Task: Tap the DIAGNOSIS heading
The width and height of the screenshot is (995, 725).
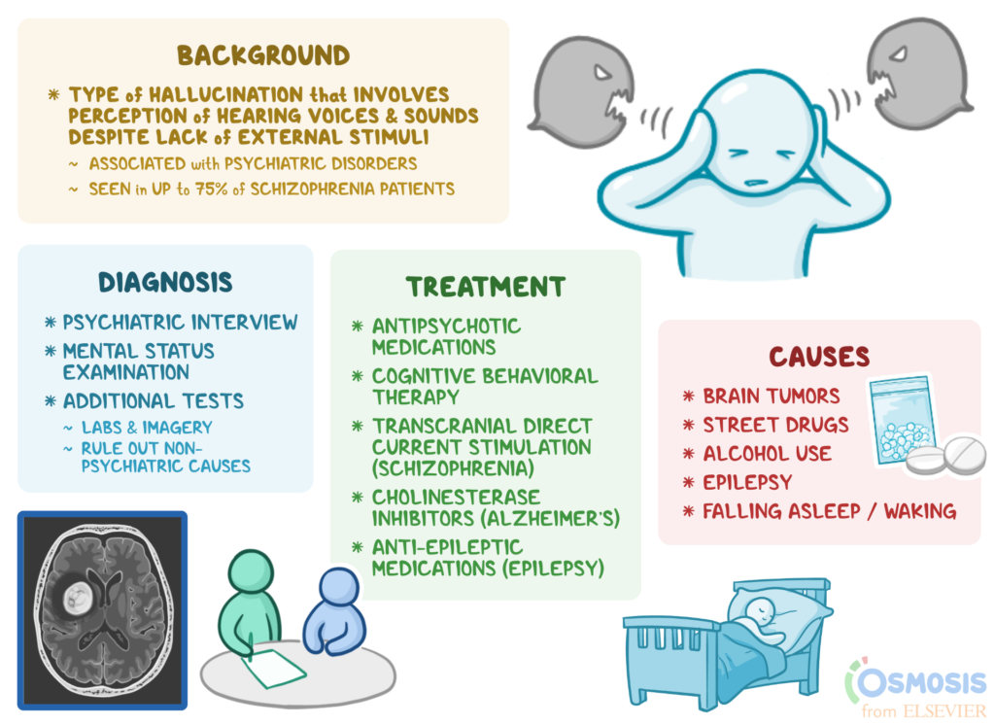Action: (165, 282)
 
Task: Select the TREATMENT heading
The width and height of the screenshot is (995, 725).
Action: (485, 287)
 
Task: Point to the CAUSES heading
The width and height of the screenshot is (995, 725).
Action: (819, 356)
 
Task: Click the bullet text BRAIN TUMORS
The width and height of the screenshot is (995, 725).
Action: (772, 397)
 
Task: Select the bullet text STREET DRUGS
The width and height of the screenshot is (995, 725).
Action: (775, 425)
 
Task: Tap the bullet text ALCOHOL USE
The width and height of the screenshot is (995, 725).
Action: (767, 453)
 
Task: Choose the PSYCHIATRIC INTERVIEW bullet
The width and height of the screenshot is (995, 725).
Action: (180, 323)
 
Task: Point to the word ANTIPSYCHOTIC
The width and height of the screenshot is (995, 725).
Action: (447, 327)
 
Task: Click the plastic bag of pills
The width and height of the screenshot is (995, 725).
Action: (900, 419)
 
